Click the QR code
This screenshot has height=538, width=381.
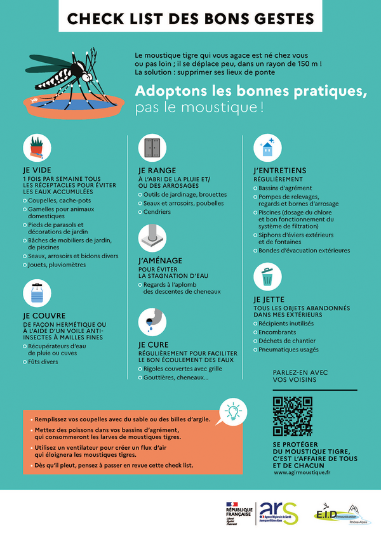[x=293, y=416]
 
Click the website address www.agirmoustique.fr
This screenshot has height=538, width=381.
[x=306, y=473]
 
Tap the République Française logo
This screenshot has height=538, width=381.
[x=238, y=511]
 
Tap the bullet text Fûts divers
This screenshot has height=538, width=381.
[x=43, y=362]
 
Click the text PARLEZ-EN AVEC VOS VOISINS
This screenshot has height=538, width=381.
[x=300, y=376]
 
